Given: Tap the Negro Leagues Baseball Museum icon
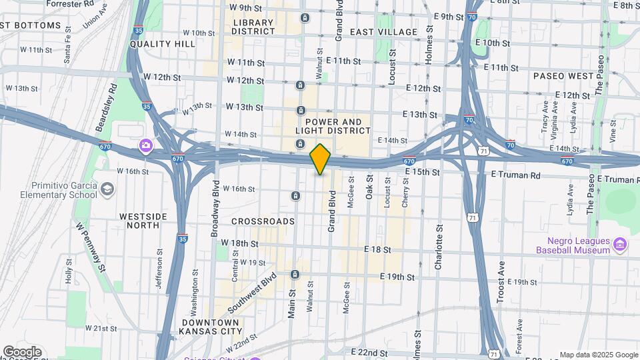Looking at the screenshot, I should (620, 245).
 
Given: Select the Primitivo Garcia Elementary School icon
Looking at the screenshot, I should (107, 190).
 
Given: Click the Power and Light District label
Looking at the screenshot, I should (334, 127).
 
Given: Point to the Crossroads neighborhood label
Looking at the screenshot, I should (263, 221).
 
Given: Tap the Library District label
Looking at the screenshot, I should (253, 27).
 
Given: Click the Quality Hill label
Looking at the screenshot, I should (163, 44).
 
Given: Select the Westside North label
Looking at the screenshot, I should (139, 221).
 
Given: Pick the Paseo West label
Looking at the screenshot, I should (563, 76).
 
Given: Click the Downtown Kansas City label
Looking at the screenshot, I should (211, 326).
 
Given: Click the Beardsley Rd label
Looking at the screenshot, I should (107, 107).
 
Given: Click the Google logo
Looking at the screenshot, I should (22, 352).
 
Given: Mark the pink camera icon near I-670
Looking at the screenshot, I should (145, 145).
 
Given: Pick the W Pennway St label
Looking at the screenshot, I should (91, 247).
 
